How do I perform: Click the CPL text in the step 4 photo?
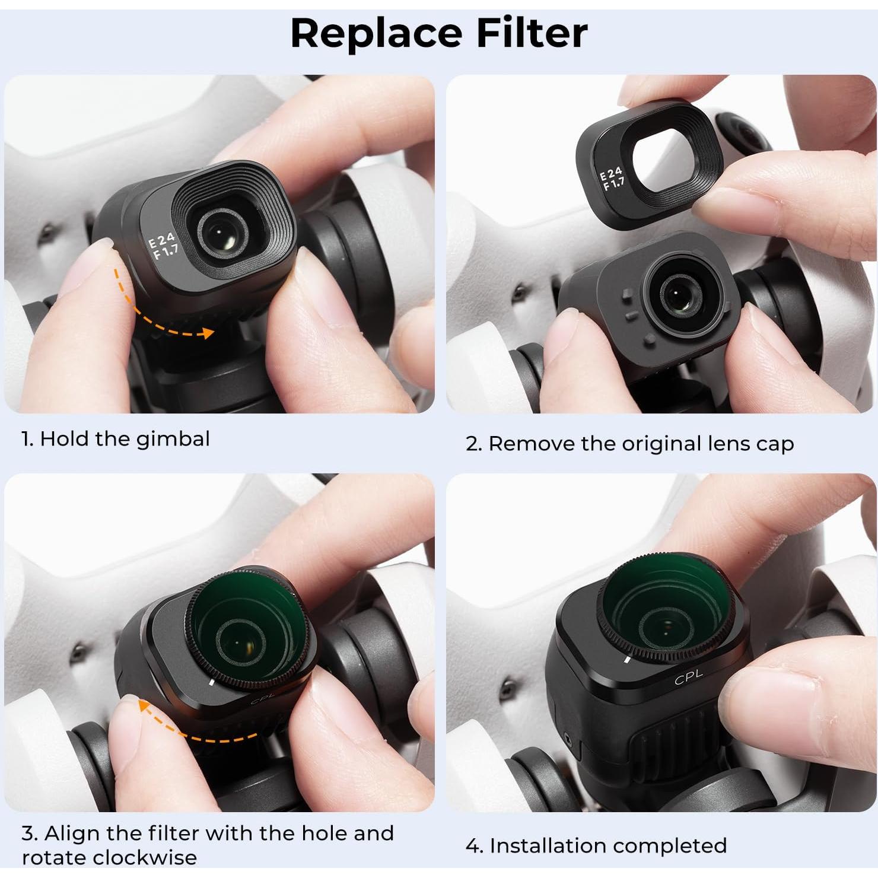688,676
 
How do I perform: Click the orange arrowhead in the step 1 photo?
208,333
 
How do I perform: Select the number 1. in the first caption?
27,440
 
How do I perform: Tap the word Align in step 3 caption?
69,834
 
